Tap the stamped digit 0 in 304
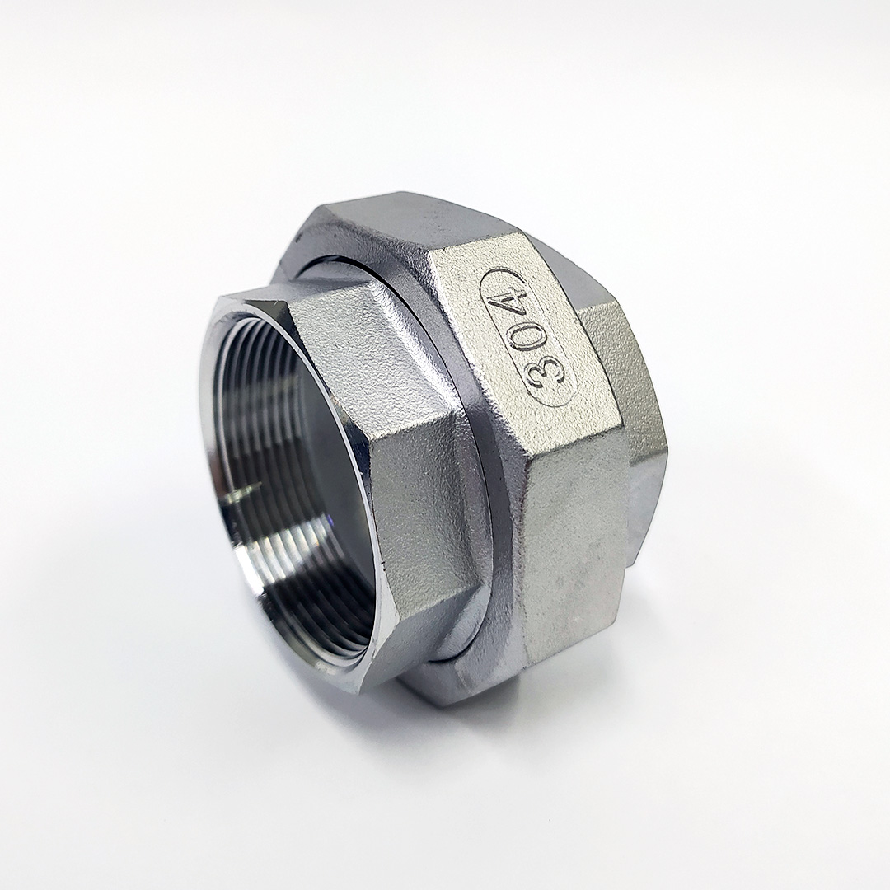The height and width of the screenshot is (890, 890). coord(536,335)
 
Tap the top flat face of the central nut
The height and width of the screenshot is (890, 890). coord(409,222)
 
